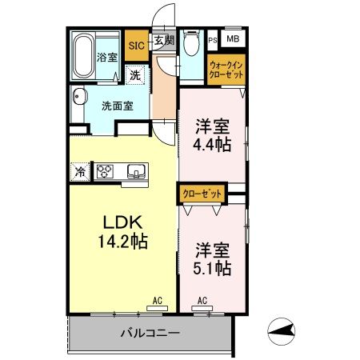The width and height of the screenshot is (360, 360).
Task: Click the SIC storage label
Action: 135,46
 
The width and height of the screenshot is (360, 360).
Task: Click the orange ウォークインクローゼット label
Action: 226,68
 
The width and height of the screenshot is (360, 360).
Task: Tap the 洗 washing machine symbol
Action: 136,74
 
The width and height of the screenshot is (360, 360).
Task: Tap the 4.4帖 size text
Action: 212,144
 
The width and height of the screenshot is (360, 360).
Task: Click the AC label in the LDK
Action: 158,301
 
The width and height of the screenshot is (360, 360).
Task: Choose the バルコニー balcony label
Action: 150,333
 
